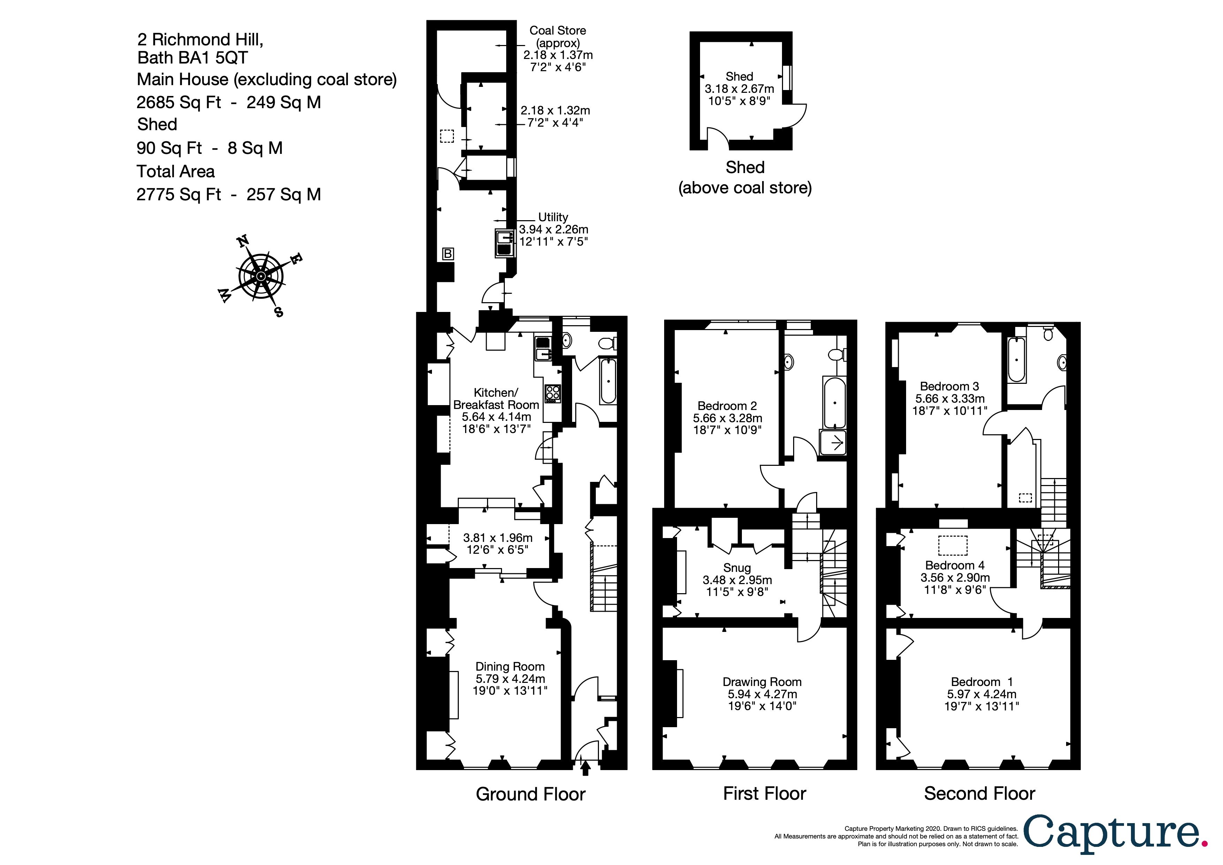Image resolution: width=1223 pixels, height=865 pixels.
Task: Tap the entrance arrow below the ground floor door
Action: (x=585, y=768)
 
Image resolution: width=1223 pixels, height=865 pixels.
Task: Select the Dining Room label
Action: (x=510, y=666)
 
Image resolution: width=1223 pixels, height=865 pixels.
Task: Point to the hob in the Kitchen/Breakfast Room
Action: (x=552, y=393)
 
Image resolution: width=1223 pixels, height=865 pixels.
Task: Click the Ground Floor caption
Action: (x=531, y=794)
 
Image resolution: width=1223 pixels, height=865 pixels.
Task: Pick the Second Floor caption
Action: (x=979, y=793)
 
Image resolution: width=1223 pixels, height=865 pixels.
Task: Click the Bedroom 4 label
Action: (x=955, y=565)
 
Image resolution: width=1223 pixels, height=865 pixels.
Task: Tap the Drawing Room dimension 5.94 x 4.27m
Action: (x=762, y=694)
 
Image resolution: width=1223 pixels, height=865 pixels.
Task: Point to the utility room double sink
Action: (x=503, y=243)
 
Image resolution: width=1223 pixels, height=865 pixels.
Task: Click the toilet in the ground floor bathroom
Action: (x=607, y=344)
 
